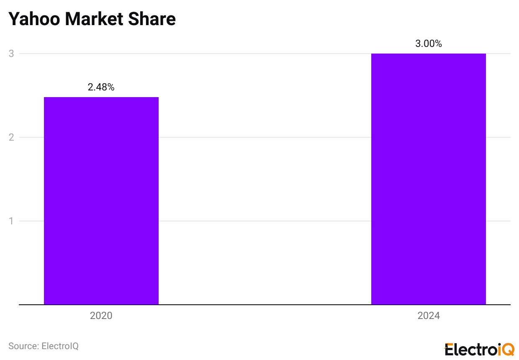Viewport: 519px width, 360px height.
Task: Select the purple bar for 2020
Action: [101, 201]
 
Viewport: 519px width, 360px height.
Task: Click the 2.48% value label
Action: [101, 87]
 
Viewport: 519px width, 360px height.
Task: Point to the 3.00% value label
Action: [429, 44]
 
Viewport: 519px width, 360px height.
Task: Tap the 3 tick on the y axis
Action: [12, 54]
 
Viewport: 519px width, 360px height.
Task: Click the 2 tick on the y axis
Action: [12, 137]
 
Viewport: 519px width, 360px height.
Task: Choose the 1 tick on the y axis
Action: [12, 221]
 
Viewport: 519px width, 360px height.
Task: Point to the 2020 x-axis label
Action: [101, 316]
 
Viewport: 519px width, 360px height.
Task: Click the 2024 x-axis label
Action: [429, 316]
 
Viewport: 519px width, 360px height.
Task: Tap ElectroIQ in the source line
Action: [60, 346]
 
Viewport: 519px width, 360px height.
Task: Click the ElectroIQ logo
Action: [479, 349]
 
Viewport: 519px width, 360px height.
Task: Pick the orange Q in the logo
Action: [509, 350]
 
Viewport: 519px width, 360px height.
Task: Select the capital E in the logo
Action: [449, 349]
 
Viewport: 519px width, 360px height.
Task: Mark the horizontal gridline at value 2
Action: [264, 137]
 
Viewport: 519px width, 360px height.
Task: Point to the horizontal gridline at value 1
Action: [264, 221]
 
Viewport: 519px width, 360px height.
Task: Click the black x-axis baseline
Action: [264, 305]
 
